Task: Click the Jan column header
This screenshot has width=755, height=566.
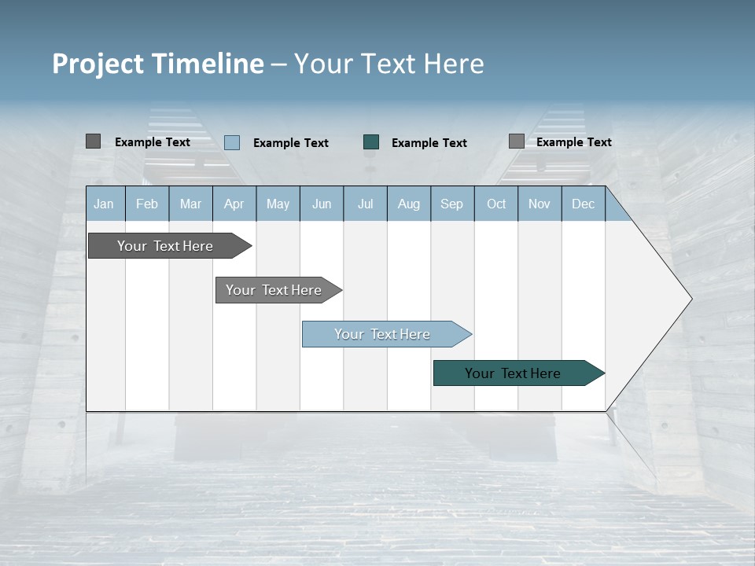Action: coord(104,204)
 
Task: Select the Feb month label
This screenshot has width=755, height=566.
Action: coord(147,204)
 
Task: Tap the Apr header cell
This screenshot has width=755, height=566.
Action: coord(234,204)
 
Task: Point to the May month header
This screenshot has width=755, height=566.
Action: coord(278,204)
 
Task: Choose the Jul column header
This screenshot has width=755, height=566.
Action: coord(365,204)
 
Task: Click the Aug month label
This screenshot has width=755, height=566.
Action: coord(408,204)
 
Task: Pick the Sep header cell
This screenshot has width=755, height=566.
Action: coord(451,204)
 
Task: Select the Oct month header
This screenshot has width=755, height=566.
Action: coord(495,204)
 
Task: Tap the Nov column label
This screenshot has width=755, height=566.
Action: coord(539,204)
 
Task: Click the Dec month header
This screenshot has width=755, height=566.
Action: coord(583,204)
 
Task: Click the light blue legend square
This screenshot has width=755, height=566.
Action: coord(232,142)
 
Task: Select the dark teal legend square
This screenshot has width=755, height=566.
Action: coord(371,141)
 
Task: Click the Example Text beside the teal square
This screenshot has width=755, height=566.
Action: coord(429,142)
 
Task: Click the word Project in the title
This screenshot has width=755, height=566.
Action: coord(98,64)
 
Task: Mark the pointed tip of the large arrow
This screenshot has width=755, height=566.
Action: coord(691,299)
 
